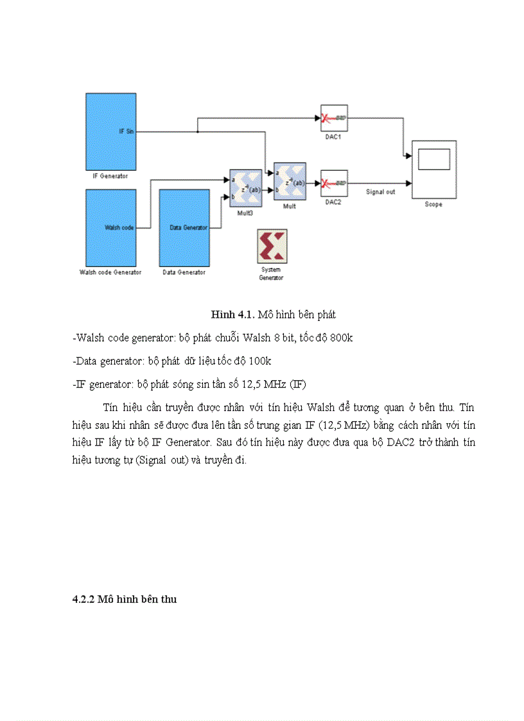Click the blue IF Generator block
110,131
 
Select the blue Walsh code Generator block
110,227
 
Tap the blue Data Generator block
184,227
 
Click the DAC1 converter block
334,118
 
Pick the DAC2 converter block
334,183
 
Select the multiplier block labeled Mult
290,182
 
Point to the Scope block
433,169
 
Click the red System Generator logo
272,246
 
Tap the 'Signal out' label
381,192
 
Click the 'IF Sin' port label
126,131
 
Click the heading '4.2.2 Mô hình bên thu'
124,599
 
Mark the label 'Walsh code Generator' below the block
110,272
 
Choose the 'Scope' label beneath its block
433,204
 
